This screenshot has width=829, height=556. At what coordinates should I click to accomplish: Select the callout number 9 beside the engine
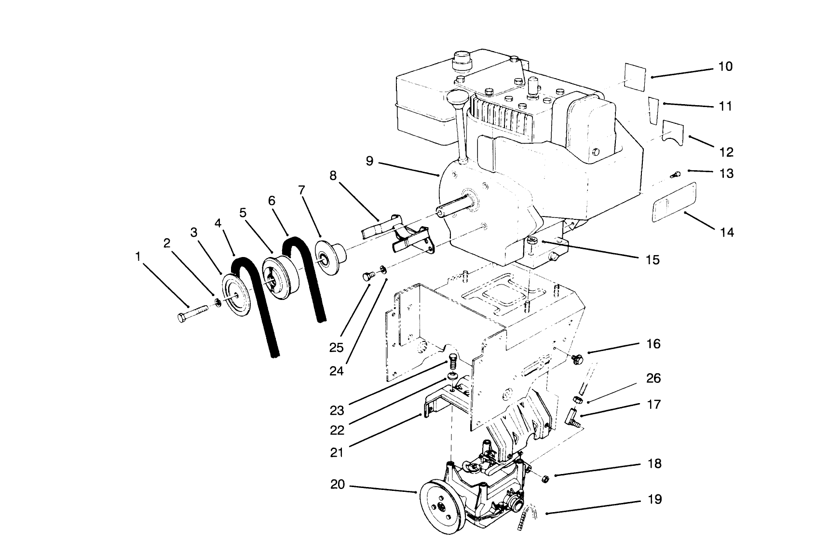pyautogui.click(x=369, y=161)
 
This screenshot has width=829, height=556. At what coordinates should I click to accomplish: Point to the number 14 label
pyautogui.click(x=726, y=233)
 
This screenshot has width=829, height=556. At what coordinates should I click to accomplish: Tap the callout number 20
pyautogui.click(x=338, y=484)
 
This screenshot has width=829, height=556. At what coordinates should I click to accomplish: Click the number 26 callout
pyautogui.click(x=653, y=379)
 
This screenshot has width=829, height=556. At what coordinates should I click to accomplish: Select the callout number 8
pyautogui.click(x=333, y=176)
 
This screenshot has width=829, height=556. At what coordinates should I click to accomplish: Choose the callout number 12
pyautogui.click(x=726, y=152)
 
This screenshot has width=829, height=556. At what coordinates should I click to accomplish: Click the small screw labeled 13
pyautogui.click(x=675, y=175)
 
